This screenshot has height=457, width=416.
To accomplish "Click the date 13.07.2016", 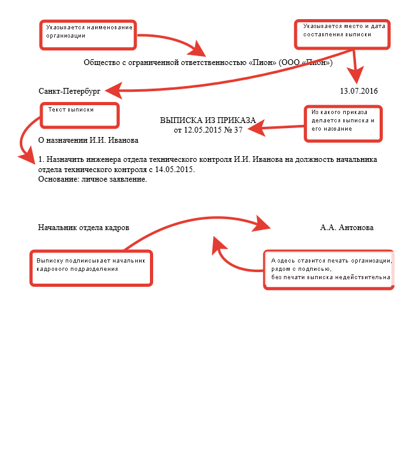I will click(x=359, y=91).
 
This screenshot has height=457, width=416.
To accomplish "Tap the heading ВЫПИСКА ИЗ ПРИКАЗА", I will click(x=207, y=120).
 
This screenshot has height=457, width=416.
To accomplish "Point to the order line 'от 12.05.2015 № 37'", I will click(x=208, y=130).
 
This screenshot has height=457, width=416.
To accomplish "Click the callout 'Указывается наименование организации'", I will click(x=89, y=34).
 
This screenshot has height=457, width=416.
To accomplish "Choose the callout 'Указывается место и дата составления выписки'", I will click(x=343, y=33).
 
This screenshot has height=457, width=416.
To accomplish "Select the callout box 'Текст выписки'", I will click(x=80, y=115).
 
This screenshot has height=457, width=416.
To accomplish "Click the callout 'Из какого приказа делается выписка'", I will click(x=342, y=123).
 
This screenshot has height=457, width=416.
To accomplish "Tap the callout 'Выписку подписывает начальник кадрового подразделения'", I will click(x=92, y=268).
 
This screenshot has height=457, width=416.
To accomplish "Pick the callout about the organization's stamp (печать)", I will click(x=329, y=270).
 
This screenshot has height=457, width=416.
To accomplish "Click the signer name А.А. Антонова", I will click(x=347, y=228).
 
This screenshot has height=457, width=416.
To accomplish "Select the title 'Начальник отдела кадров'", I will click(x=84, y=228).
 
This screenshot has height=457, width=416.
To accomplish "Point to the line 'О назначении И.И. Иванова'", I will click(x=88, y=139).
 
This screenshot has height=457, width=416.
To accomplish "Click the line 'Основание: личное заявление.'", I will click(x=93, y=179).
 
